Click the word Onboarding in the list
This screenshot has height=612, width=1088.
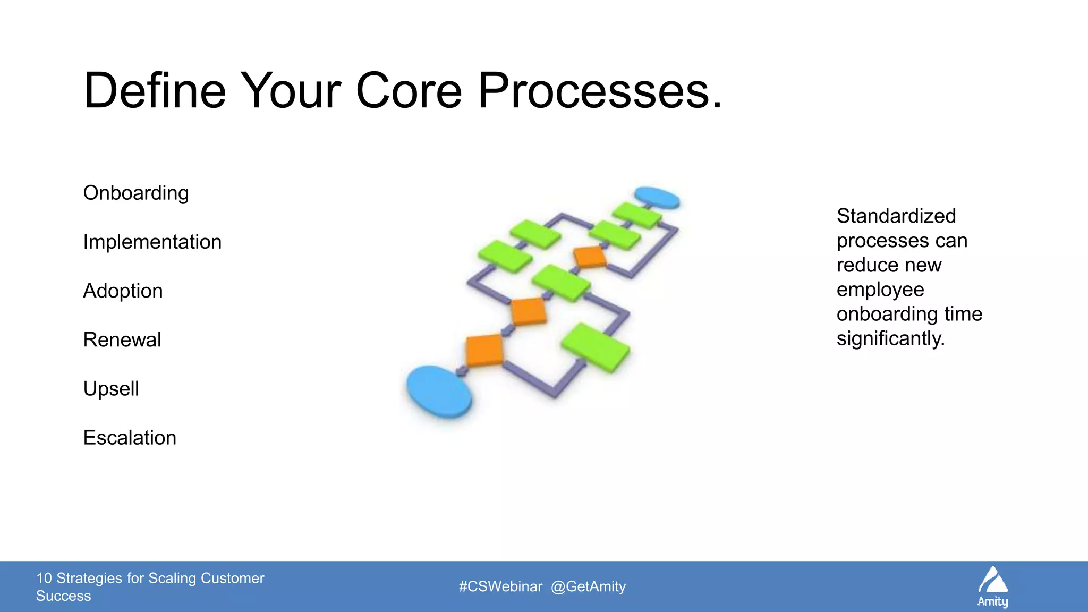136,193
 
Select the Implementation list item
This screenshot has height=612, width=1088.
152,242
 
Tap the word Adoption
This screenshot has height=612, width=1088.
123,291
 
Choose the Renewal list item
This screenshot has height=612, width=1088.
122,340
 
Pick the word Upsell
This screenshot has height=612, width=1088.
111,389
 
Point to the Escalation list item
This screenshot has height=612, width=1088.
130,438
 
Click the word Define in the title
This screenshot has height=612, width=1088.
155,91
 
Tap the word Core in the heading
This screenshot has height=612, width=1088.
409,91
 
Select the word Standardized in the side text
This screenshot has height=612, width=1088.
896,216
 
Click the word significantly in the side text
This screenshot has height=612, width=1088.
890,339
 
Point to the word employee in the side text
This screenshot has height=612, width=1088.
880,290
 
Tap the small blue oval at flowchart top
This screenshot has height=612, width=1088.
657,197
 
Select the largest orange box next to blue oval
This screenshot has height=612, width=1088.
484,350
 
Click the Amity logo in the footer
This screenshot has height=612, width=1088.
993,586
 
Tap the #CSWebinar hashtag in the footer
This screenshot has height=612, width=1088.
500,586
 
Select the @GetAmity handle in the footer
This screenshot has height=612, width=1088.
588,586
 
